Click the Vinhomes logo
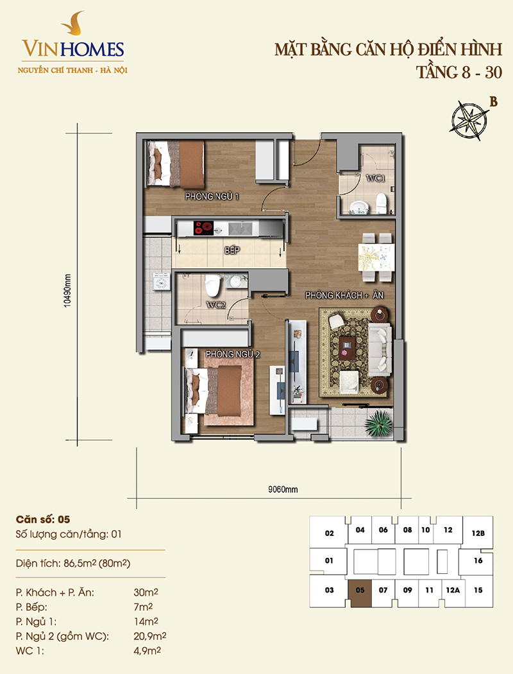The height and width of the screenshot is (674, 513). click(72, 44)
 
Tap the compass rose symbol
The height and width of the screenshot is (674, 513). click(470, 121)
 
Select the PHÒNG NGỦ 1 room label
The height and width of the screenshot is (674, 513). click(212, 196)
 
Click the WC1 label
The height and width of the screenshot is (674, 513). click(375, 178)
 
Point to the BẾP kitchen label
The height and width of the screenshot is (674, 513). click(232, 250)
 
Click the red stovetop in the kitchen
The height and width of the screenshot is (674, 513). click(204, 228)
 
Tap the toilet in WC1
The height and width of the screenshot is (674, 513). click(381, 203)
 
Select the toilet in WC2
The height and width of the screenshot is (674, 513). click(212, 285)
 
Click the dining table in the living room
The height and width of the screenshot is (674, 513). click(376, 257)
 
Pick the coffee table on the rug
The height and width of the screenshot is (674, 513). click(348, 347)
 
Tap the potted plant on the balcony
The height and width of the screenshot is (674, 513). click(378, 422)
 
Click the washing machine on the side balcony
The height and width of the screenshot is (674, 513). click(161, 282)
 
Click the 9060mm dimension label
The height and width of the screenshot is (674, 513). click(283, 489)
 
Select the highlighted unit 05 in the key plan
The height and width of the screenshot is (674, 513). click(360, 591)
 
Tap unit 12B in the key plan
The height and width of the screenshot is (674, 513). click(478, 533)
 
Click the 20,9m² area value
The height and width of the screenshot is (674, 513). click(150, 635)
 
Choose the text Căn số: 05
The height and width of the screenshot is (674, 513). click(43, 519)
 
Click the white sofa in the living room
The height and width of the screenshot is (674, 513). click(380, 349)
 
